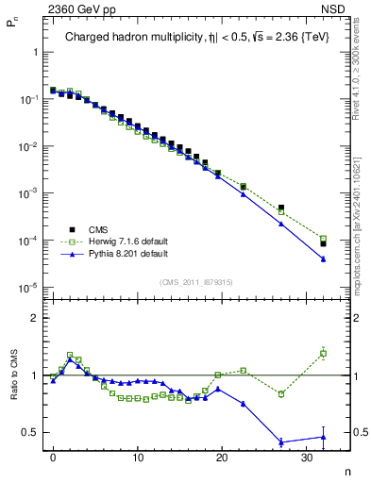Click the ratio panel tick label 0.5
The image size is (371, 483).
32,433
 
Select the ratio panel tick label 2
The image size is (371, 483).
36,318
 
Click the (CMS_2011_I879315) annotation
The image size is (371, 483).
195,280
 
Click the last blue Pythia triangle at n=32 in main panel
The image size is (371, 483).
323,258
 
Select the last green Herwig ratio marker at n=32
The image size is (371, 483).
323,354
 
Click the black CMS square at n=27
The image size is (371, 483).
281,208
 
